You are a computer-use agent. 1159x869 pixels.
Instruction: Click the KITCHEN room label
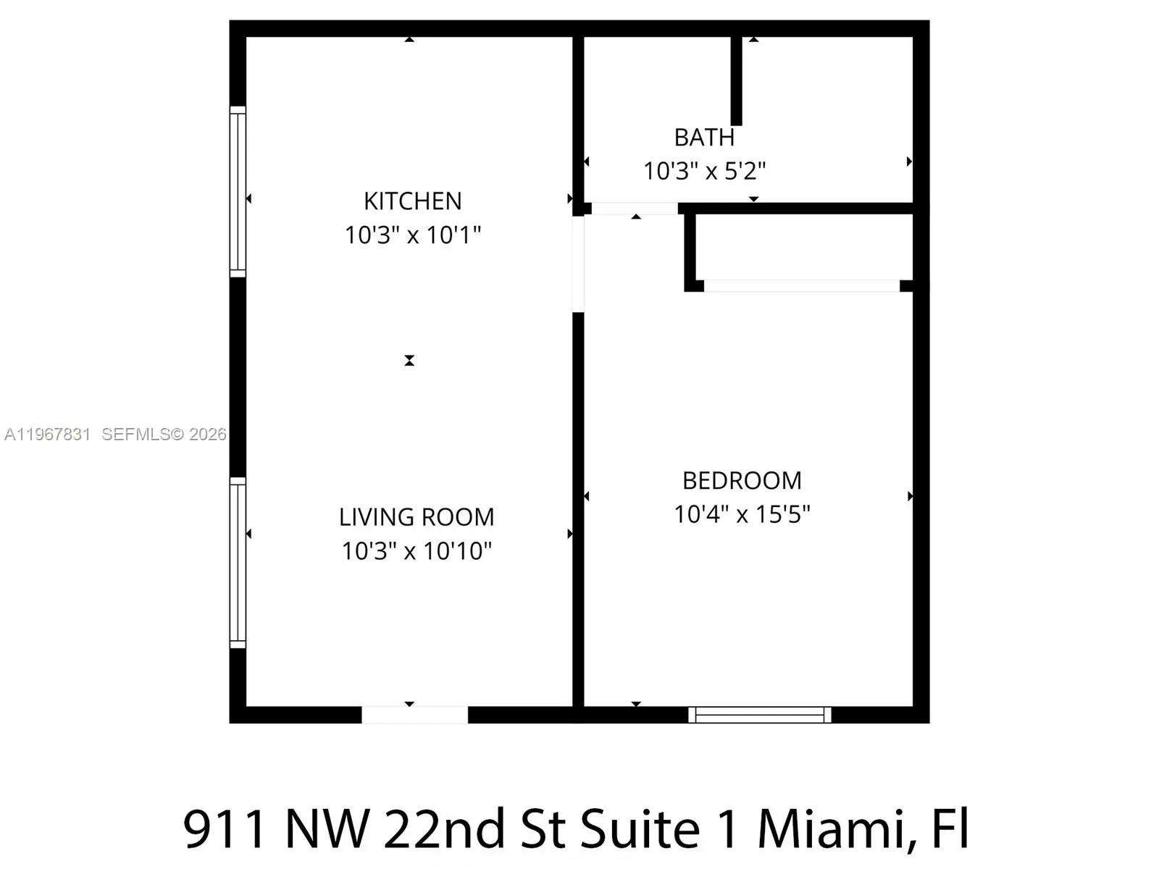click(412, 201)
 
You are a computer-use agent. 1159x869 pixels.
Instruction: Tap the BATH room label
click(704, 138)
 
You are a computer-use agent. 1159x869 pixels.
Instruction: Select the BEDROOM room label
click(742, 480)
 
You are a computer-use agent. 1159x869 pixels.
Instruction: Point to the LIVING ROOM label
click(417, 517)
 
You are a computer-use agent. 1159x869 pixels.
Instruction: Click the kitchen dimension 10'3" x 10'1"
click(412, 235)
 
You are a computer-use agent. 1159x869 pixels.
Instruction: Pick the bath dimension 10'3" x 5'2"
click(704, 172)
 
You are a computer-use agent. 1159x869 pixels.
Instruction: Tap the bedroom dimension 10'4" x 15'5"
click(742, 514)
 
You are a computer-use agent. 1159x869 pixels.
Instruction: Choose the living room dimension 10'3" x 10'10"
click(417, 551)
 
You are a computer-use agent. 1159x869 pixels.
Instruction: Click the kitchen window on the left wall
click(238, 192)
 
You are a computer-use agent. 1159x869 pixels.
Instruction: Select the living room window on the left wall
click(238, 563)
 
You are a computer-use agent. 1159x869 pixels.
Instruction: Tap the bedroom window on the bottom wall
click(759, 715)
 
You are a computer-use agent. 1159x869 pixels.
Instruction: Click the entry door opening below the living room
click(414, 715)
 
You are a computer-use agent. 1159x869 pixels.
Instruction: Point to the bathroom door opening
click(635, 209)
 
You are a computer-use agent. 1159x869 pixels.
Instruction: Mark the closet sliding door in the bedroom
click(801, 286)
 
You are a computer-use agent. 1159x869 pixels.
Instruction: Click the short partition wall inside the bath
click(736, 80)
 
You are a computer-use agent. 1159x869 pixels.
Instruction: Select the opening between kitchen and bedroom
click(578, 264)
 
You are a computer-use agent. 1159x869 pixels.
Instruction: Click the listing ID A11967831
click(48, 434)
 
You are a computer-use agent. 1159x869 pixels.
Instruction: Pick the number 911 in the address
click(225, 829)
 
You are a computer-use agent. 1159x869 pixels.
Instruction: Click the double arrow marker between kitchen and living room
click(409, 360)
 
